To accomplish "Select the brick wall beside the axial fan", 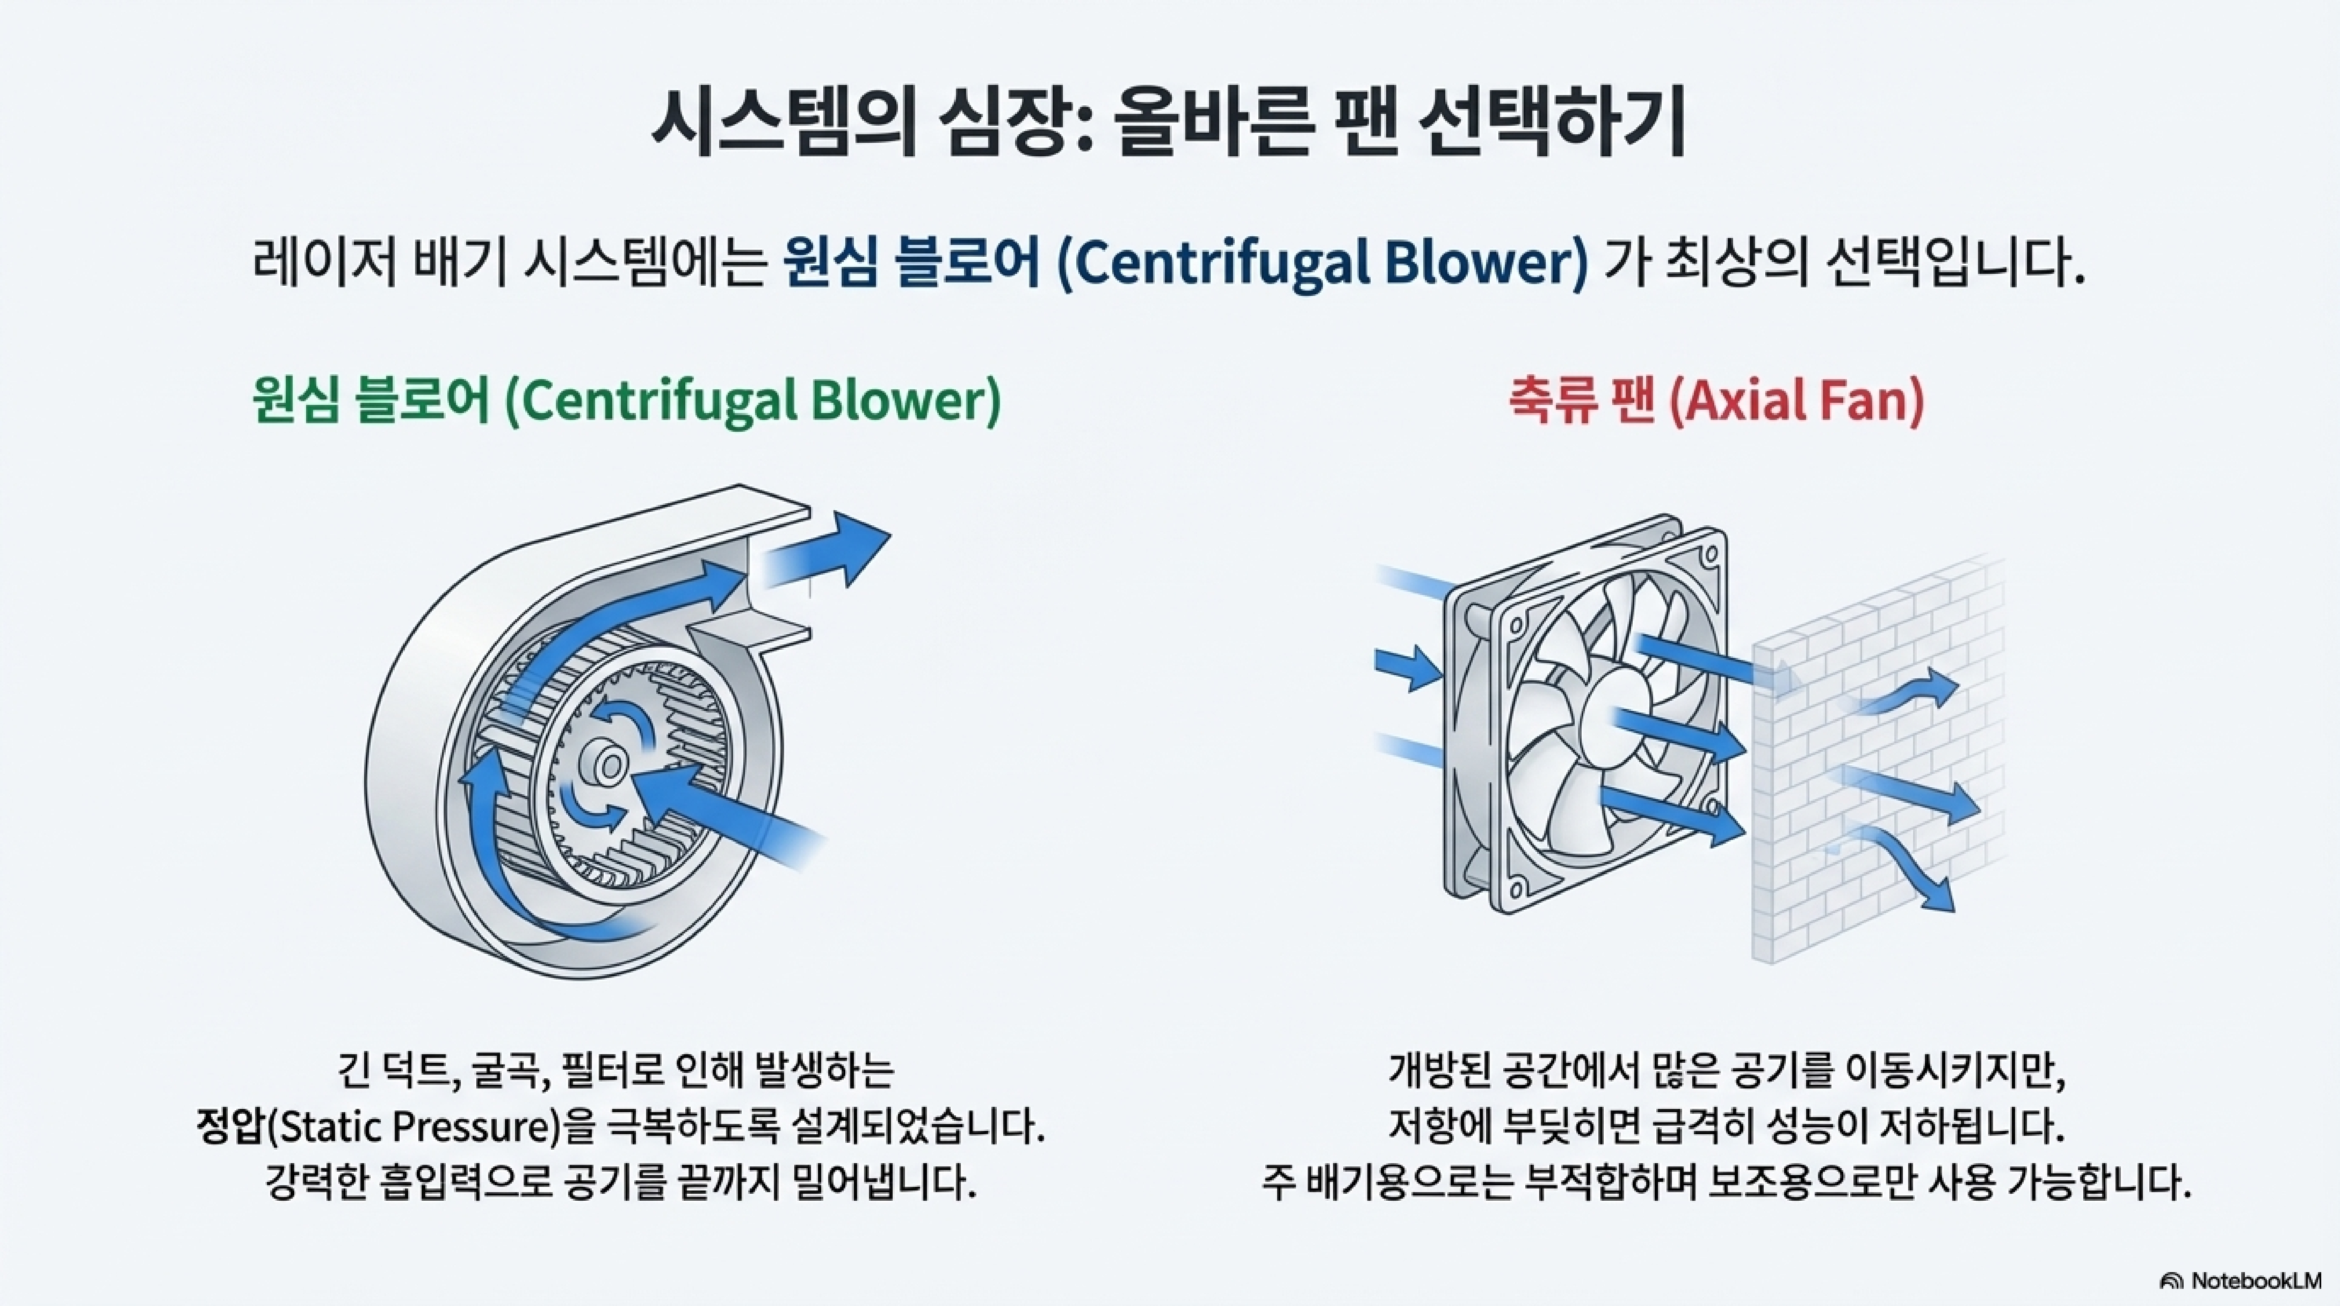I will (x=1871, y=772).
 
